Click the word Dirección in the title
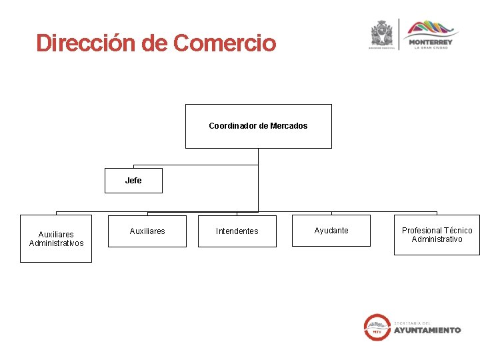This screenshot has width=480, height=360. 86,43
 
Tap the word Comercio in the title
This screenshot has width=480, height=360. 224,43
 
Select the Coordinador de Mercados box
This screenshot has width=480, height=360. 258,126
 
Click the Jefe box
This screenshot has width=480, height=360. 133,181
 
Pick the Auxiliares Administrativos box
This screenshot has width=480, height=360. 56,239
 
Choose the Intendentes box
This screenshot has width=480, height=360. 237,231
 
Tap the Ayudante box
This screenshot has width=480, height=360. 331,231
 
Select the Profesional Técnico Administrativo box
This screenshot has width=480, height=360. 437,235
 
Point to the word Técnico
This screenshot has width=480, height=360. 457,231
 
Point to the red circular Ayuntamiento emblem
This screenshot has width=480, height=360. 377,327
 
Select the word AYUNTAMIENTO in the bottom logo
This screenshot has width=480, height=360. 427,330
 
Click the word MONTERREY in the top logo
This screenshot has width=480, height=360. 432,42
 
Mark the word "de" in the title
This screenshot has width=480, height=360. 155,43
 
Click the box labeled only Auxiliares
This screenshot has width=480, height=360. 147,231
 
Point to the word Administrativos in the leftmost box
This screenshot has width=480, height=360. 56,243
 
